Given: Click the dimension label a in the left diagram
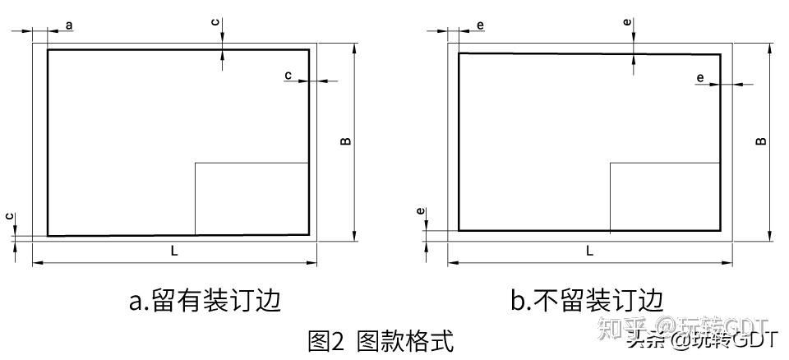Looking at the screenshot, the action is [x=69, y=25].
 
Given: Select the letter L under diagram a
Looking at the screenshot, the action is [x=174, y=252].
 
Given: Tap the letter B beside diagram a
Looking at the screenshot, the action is [x=346, y=141].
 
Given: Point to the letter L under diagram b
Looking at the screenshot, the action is [x=590, y=252].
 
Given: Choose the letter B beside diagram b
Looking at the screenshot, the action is [x=762, y=141].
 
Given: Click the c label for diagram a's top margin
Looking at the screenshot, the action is [x=215, y=23].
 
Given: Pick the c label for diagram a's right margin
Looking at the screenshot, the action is [x=288, y=76].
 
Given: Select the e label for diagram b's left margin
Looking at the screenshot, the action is [x=480, y=25].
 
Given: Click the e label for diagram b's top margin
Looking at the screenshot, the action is [x=628, y=23].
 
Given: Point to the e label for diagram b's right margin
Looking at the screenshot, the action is [x=700, y=78].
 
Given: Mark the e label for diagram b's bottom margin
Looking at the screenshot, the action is [x=421, y=212].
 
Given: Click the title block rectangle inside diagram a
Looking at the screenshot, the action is [x=251, y=198].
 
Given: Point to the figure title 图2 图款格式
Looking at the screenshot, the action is [x=380, y=340].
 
